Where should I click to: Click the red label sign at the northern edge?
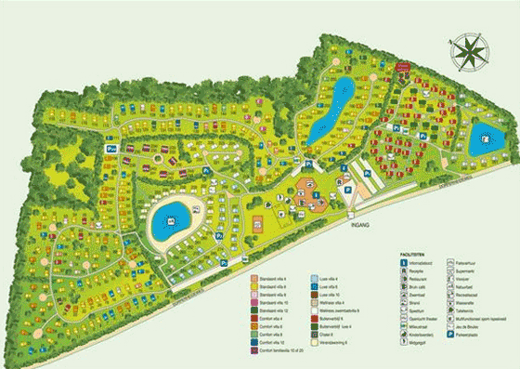point(402,68)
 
